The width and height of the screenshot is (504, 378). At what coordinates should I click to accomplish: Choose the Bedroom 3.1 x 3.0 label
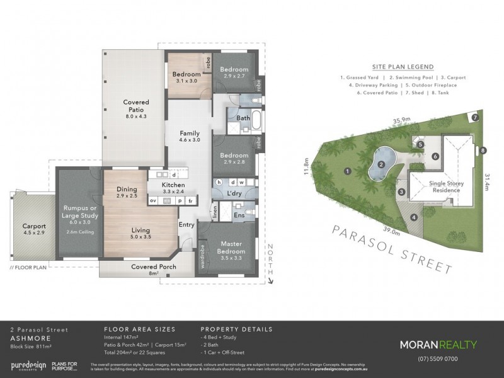(186, 77)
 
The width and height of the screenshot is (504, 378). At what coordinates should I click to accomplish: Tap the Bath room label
(243, 118)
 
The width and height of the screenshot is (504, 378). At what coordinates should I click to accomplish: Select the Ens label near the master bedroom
(240, 215)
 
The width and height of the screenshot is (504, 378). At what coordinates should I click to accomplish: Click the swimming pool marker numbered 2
(381, 165)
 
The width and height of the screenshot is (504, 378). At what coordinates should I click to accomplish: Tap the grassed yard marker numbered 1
(347, 171)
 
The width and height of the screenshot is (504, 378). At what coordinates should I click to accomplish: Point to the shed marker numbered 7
(476, 118)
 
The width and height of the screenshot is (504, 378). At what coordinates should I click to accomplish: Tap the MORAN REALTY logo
(438, 345)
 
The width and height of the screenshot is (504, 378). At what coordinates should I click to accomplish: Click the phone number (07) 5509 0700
(438, 359)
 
